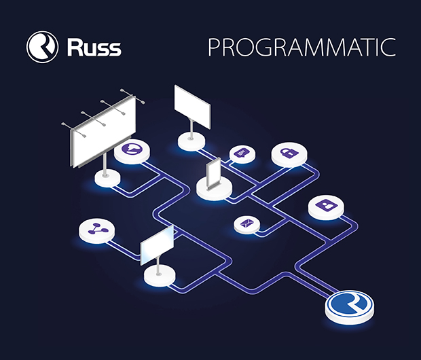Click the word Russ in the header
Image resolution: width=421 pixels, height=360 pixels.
(94, 48)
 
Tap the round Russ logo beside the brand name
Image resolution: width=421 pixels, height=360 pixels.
(42, 48)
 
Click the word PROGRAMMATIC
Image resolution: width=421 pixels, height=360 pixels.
(301, 48)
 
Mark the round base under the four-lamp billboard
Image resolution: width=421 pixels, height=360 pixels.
(106, 178)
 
